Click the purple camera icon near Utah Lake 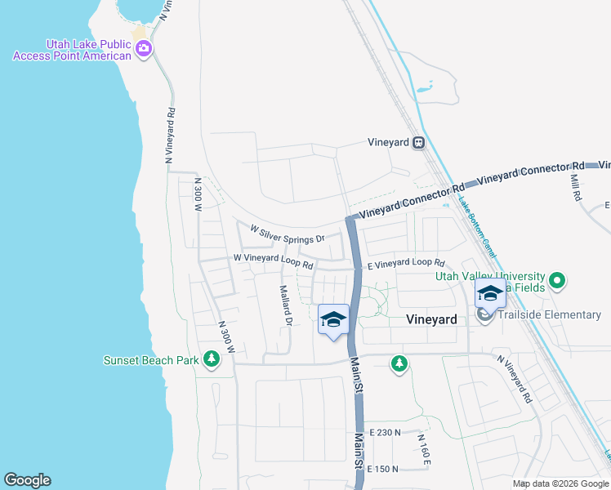[144, 48]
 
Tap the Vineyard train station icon [418, 142]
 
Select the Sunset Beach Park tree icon [212, 359]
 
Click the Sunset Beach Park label [151, 360]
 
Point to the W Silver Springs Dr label [287, 235]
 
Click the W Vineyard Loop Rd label [273, 261]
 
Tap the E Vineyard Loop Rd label [405, 264]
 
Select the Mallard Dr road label [286, 305]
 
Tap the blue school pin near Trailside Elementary [490, 294]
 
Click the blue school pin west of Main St [333, 319]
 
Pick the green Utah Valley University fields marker [558, 282]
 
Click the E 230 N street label [386, 432]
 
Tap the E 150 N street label [383, 469]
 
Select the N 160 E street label [423, 450]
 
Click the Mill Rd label [575, 186]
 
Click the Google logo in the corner [27, 480]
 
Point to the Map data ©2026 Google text [560, 483]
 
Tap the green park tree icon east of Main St [399, 363]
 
